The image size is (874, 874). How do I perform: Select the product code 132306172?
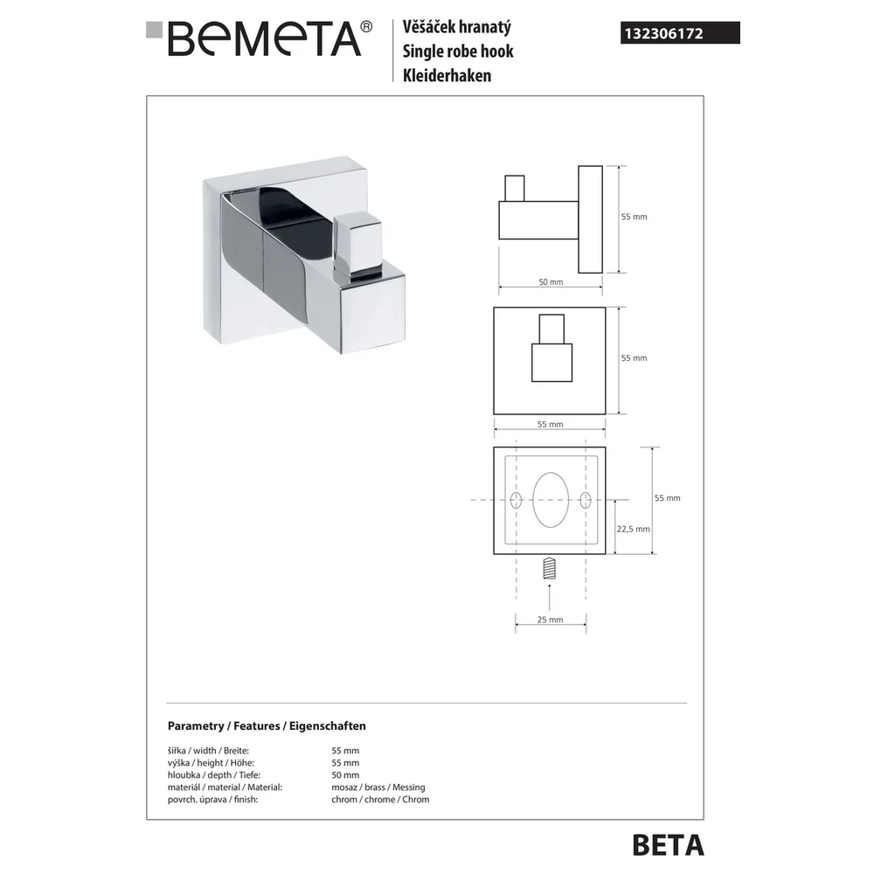click(x=663, y=33)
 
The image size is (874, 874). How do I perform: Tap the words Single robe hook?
click(x=458, y=52)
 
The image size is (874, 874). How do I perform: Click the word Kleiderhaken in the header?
click(x=447, y=75)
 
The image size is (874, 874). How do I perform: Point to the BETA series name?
click(x=669, y=845)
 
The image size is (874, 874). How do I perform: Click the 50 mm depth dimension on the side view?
click(x=551, y=282)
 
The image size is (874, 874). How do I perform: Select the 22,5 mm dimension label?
click(x=633, y=529)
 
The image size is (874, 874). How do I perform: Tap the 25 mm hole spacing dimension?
click(x=550, y=620)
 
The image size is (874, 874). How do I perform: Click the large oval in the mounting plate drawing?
click(x=551, y=500)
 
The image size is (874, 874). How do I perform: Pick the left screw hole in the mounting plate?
click(x=517, y=500)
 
